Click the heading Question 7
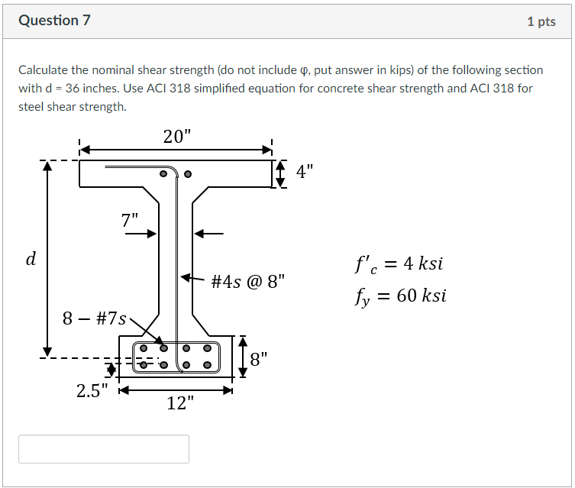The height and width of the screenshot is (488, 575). (54, 21)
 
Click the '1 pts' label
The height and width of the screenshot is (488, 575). (541, 21)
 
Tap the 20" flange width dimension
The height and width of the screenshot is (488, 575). (177, 137)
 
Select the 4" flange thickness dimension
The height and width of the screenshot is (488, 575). (305, 172)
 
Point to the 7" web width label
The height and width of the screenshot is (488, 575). (130, 220)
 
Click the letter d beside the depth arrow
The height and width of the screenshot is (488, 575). (31, 259)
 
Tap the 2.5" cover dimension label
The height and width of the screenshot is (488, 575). (92, 391)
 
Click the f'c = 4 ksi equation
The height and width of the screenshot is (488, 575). (398, 265)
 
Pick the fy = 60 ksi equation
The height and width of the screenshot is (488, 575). (400, 296)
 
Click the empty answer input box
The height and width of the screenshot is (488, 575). (104, 449)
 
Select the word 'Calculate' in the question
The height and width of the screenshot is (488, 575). (44, 70)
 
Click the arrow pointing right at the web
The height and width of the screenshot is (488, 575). (141, 234)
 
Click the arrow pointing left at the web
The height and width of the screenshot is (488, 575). (211, 234)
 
